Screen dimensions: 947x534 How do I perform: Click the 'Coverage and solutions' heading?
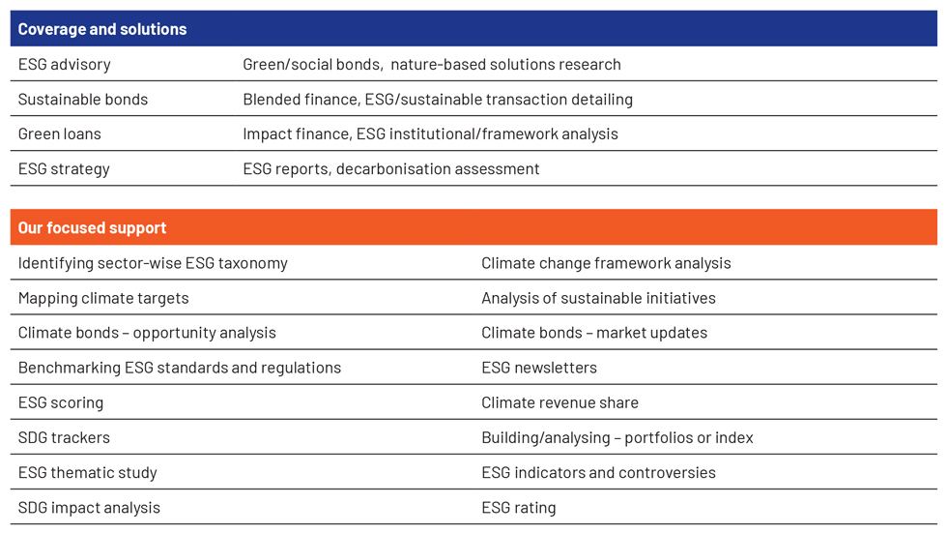pos(102,29)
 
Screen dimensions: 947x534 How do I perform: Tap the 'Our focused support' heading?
pos(92,228)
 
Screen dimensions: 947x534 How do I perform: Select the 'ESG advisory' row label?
pos(64,65)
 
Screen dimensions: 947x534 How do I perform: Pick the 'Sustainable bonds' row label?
pos(83,100)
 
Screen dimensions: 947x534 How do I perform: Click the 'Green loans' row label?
pos(59,133)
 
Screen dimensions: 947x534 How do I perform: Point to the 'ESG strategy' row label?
pos(64,169)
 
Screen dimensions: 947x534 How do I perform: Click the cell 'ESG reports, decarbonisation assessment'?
pos(390,169)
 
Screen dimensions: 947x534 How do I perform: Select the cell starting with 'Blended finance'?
pos(438,100)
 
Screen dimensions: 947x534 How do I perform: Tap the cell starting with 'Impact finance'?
pos(430,134)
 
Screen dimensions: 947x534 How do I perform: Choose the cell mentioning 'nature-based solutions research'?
pos(432,65)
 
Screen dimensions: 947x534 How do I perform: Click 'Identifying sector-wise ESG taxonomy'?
pos(153,264)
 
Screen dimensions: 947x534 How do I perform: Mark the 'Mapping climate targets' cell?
pos(103,299)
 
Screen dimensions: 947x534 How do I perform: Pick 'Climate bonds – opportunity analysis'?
pos(147,333)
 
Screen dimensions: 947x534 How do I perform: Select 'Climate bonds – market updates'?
pos(594,333)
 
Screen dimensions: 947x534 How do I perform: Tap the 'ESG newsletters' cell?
pos(539,368)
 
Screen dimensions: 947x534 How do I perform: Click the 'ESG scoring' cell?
pos(60,403)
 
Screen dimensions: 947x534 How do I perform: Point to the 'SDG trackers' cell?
pos(64,438)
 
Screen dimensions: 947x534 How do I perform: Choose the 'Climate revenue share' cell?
pos(560,402)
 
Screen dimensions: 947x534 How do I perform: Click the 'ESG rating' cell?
pos(518,508)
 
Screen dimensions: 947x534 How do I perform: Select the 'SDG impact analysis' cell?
pos(89,508)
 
